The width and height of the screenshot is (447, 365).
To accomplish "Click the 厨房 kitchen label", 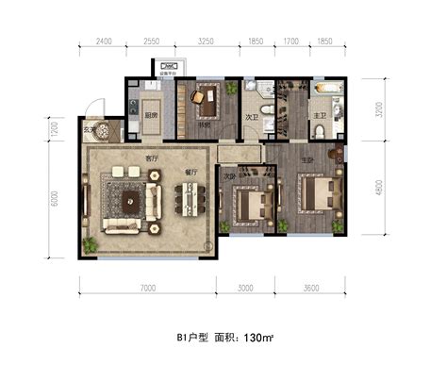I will tap(150, 117).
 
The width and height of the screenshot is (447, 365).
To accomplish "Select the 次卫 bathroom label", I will tap(252, 118).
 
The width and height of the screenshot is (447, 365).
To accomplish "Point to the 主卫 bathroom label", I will tap(319, 117).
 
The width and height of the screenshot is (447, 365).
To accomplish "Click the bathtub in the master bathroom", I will tap(331, 94).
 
